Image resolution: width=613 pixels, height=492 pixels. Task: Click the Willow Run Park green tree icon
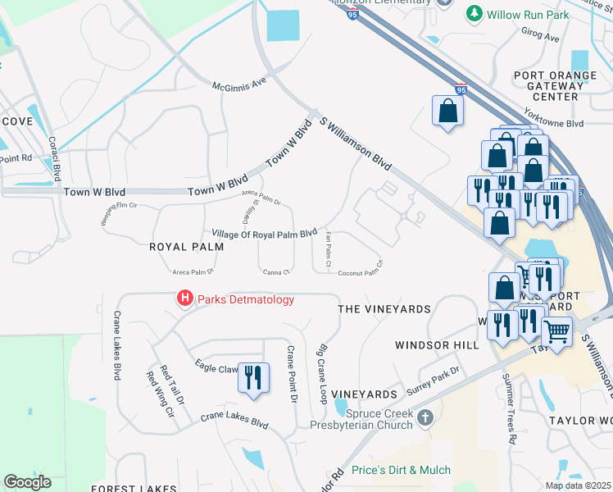473,14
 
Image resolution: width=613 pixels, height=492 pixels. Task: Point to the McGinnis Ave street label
240,84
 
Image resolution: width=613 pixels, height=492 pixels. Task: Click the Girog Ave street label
540,38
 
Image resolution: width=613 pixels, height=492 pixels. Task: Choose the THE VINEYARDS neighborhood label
384,309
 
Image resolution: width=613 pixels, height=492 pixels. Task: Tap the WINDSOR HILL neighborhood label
437,345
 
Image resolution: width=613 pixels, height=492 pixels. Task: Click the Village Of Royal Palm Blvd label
264,234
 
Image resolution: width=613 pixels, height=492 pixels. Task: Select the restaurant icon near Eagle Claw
252,378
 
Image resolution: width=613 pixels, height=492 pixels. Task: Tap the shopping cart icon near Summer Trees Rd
556,331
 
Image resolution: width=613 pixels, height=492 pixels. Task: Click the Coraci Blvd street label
55,159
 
